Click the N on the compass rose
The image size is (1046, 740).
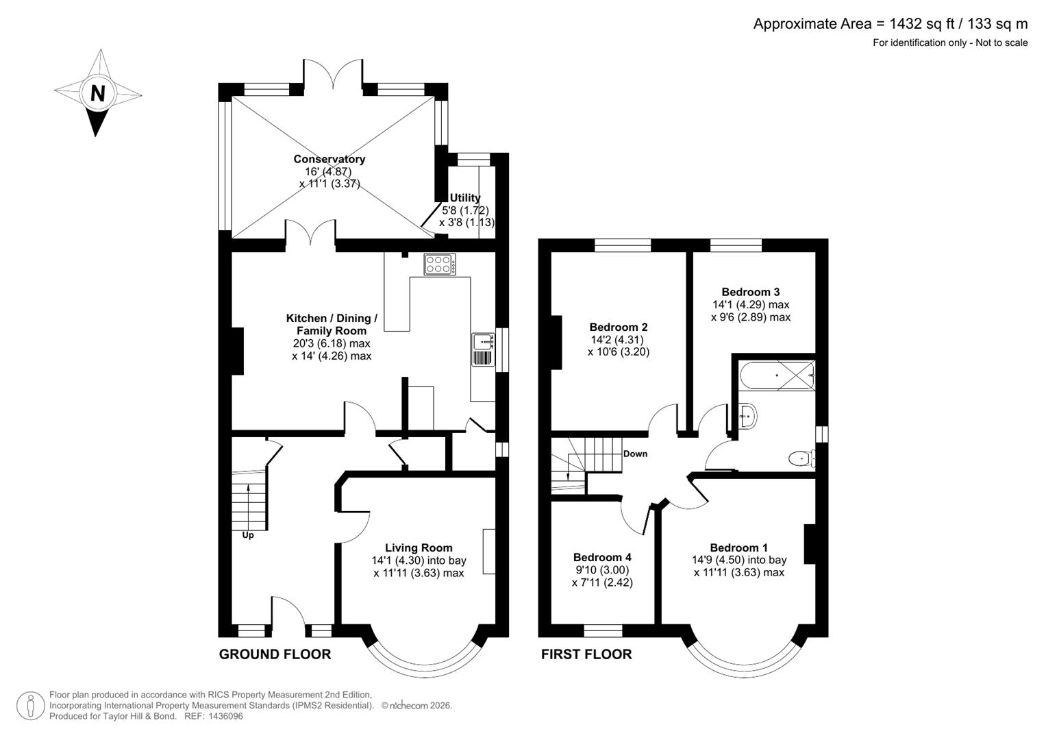coord(98,93)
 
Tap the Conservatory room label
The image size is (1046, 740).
coord(329,159)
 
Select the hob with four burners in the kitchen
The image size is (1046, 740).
coord(439,264)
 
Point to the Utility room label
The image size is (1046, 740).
coord(465,198)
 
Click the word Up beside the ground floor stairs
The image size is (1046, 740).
coord(248,535)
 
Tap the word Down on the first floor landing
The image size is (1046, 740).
coord(635,454)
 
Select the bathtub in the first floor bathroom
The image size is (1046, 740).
coord(777,375)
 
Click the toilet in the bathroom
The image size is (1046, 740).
coord(800,458)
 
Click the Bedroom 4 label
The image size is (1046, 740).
coord(602,557)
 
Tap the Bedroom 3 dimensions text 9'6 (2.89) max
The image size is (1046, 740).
coord(751,317)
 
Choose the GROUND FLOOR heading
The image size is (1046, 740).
coord(275,654)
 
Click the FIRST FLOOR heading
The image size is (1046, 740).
coord(586,654)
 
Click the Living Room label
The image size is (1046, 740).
coord(419,547)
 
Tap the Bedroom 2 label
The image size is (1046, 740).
coord(619,327)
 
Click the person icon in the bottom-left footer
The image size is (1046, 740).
coord(30,706)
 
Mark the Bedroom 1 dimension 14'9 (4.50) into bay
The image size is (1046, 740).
coord(738,560)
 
